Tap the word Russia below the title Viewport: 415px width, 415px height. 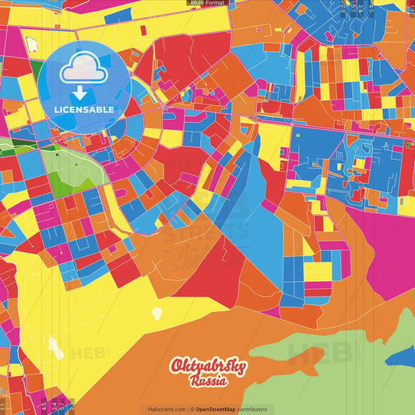coord(208,382)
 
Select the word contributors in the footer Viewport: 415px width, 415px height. coord(251,409)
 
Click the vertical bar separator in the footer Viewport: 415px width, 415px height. coord(188,409)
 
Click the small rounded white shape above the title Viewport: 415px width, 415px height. coord(157,313)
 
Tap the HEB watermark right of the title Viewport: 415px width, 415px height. coord(319,354)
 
